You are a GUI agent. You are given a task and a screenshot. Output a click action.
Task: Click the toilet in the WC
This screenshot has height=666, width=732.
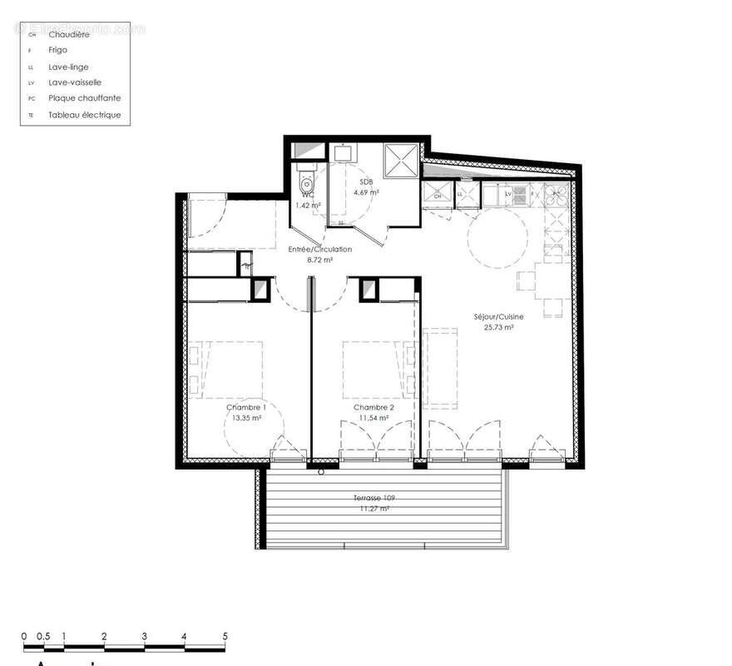307,181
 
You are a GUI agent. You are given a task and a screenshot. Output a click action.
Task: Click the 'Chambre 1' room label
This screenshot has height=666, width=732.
245,407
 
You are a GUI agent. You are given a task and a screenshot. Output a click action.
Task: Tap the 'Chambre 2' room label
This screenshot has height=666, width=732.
373,407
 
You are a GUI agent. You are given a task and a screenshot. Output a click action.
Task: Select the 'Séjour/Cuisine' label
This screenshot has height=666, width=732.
497,317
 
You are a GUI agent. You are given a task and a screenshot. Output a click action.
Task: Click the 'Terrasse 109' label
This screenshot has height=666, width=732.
373,498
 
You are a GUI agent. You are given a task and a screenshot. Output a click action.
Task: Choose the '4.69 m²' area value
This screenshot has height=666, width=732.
367,192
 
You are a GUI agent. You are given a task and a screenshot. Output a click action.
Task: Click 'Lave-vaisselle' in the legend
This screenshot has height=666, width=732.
75,82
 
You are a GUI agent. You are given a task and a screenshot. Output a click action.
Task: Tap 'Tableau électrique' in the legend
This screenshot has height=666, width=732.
84,115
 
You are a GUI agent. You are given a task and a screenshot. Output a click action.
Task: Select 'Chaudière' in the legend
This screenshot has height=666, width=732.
70,34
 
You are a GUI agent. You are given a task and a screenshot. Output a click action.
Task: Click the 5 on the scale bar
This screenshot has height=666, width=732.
225,636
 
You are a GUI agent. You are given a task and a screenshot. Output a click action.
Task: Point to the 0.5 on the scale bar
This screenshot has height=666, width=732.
43,636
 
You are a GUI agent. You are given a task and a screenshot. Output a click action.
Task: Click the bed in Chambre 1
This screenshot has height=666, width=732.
230,367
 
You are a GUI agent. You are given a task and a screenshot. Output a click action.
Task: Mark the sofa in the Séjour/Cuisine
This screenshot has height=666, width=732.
441,365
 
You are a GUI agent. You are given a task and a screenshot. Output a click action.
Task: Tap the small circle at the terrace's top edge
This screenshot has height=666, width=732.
322,472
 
